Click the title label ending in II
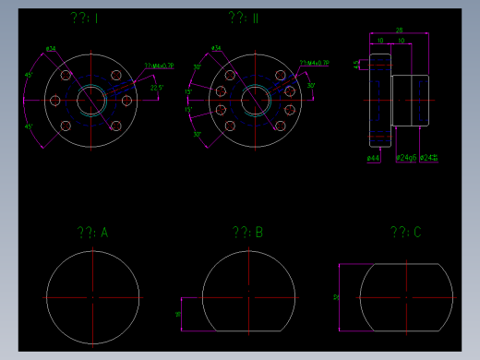point(244,18)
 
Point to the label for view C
point(405,233)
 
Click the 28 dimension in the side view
point(399,30)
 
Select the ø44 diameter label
point(374,159)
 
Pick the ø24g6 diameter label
point(405,159)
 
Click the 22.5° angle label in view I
point(157,88)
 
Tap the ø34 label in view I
point(50,48)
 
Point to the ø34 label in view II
point(216,48)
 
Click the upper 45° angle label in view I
point(29,75)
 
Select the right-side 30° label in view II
point(311,86)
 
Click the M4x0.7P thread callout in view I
point(159,65)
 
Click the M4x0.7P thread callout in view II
point(315,64)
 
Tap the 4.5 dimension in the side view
point(358,64)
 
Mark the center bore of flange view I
point(91,100)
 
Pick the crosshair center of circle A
point(93,298)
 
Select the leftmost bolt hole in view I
point(54,100)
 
